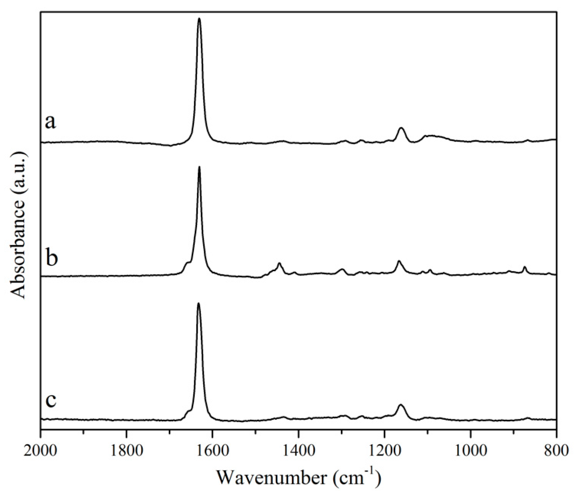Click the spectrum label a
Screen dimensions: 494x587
click(50, 122)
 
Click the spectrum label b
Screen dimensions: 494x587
click(51, 258)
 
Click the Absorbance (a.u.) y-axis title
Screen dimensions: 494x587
click(18, 225)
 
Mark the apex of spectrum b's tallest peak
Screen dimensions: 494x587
click(199, 167)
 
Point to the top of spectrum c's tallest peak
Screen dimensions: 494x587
click(199, 303)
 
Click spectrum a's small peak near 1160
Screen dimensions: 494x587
click(401, 128)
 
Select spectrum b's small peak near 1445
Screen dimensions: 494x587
click(279, 263)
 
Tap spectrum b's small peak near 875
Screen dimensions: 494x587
click(524, 267)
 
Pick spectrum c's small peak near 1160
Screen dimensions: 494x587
click(401, 405)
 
